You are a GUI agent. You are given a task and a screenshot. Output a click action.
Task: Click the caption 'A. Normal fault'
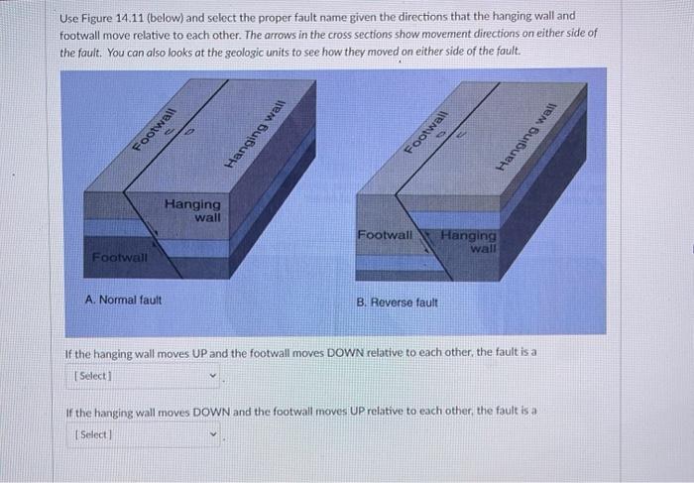[124, 299]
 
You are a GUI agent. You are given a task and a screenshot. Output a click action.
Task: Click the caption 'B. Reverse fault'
[397, 302]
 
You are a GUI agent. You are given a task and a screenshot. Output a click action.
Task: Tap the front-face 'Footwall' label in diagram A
[119, 258]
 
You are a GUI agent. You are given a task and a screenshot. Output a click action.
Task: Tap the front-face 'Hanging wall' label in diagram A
[193, 210]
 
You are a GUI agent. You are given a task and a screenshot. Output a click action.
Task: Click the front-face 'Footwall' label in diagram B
[385, 236]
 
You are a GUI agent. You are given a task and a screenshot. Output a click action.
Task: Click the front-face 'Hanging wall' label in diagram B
[469, 241]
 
